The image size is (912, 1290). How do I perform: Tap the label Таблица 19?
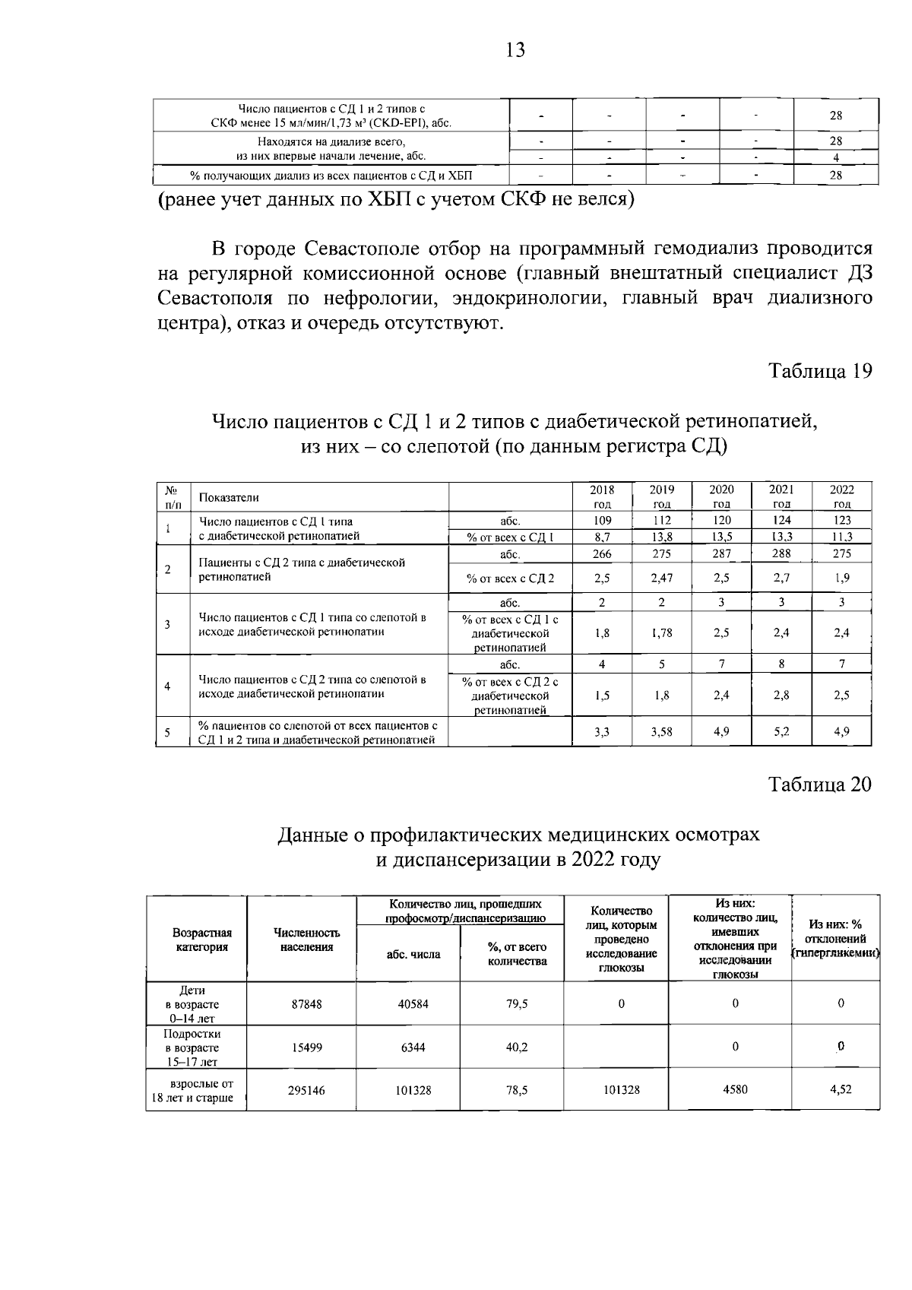pos(819,372)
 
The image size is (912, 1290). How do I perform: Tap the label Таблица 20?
pos(819,784)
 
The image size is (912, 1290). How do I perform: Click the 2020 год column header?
pos(721,496)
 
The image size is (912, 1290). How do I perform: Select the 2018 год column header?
pos(602,496)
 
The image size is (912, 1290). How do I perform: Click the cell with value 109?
pos(602,521)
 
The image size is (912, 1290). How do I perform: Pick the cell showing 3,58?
pos(661,732)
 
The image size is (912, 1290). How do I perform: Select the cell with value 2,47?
pos(661,578)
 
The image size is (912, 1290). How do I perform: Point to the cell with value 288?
pos(781,554)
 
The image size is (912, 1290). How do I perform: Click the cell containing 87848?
pos(306,1004)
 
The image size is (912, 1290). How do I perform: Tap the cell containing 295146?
pos(306,1090)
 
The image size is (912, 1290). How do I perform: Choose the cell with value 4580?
pos(735,1089)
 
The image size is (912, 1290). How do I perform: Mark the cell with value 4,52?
pos(841,1089)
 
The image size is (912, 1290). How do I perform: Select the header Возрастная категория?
pos(201,940)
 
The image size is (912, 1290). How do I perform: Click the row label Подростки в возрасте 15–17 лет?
pos(196,1048)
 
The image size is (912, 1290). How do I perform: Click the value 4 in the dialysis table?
pos(835,158)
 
